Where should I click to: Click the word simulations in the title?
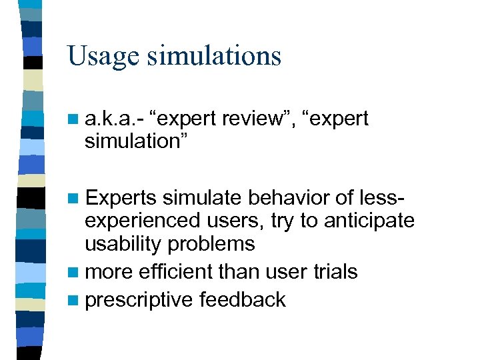215,56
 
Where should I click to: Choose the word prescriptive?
140,299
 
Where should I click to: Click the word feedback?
243,299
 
